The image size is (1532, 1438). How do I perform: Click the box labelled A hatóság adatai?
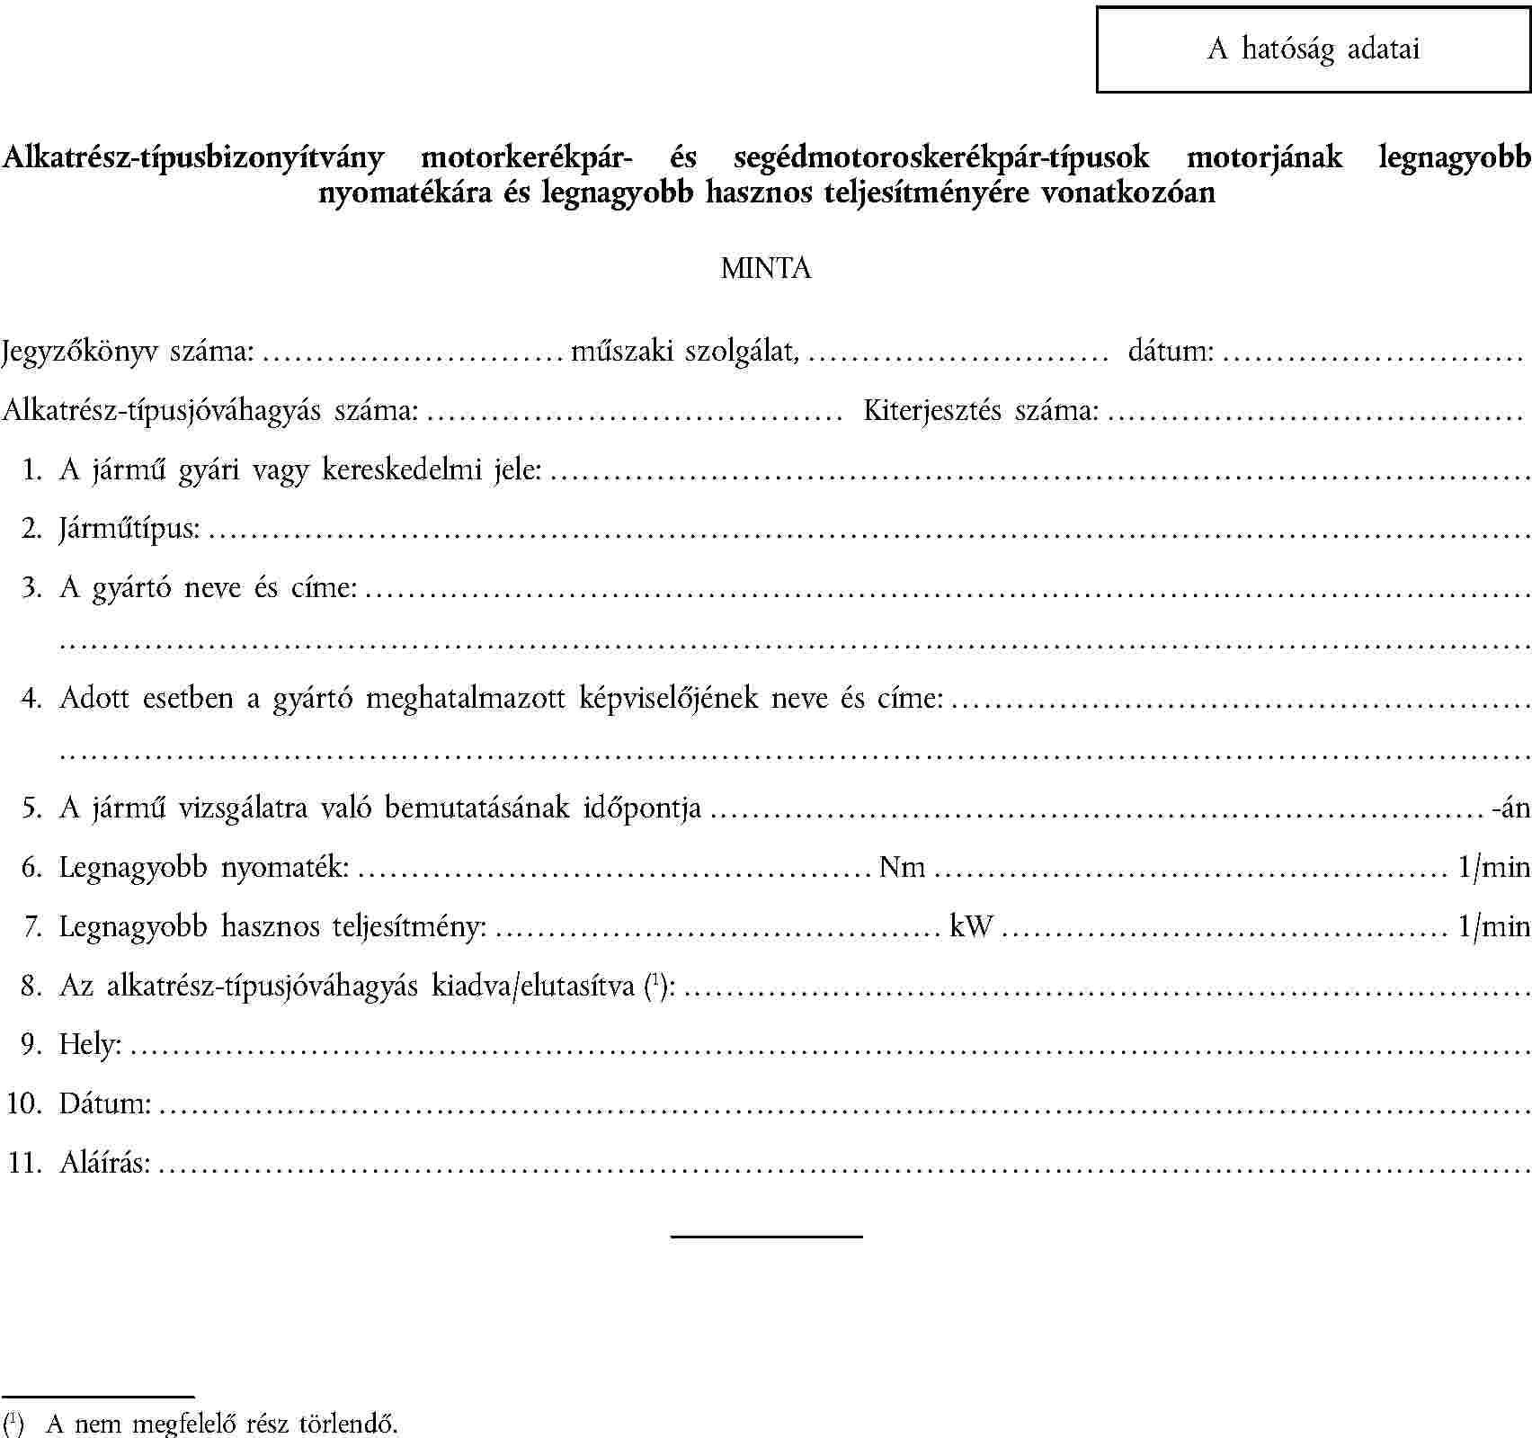[x=1313, y=49]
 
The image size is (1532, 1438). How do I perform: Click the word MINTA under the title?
[x=766, y=268]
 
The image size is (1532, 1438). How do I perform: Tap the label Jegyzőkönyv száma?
[x=128, y=351]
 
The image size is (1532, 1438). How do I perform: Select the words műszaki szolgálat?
[x=685, y=351]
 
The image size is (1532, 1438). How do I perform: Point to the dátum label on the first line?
[x=1171, y=351]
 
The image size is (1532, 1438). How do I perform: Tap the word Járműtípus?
[x=129, y=528]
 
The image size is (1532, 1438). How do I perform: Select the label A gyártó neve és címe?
[x=208, y=587]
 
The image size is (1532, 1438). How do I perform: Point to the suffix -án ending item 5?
[x=1510, y=808]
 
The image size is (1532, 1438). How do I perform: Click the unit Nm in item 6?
[x=903, y=867]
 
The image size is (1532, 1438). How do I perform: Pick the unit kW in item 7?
[x=971, y=925]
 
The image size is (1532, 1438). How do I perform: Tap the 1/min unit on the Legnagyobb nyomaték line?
[x=1493, y=867]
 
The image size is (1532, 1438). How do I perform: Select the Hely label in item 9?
[x=90, y=1044]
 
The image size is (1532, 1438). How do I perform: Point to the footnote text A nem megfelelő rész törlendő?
[x=221, y=1425]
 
